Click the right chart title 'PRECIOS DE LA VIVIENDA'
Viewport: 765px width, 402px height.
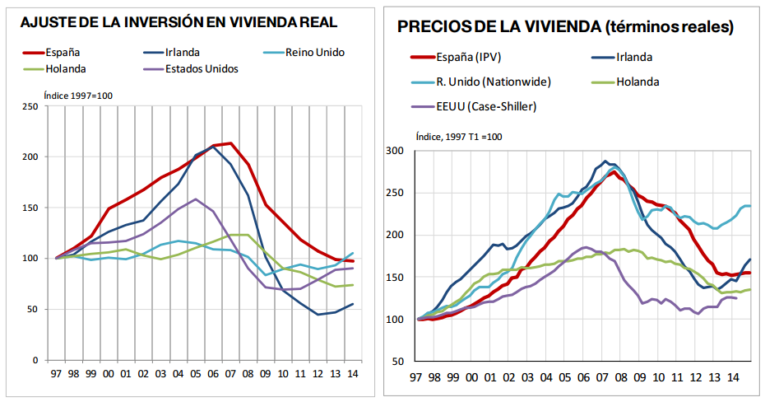click(565, 27)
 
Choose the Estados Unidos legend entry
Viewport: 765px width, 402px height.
click(202, 68)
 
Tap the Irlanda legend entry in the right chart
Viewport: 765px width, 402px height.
click(633, 57)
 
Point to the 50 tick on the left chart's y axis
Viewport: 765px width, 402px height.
click(32, 310)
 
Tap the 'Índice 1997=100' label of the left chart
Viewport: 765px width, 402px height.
click(78, 96)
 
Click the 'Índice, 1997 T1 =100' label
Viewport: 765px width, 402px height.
click(459, 136)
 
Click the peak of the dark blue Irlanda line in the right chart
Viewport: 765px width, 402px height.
click(605, 161)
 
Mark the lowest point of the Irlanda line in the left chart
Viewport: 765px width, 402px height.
click(318, 315)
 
